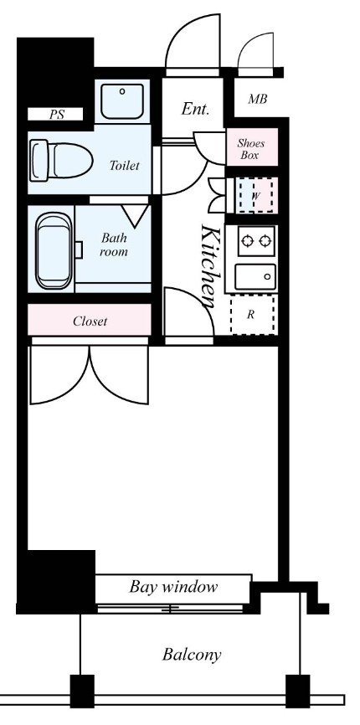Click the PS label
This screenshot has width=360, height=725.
[56, 115]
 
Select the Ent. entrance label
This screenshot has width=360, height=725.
[195, 109]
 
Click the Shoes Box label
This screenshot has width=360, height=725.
[251, 149]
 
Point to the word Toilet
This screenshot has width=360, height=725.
[125, 165]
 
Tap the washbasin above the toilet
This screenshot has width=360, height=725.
[124, 101]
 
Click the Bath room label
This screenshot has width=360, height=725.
[114, 244]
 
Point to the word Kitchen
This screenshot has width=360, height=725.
[210, 264]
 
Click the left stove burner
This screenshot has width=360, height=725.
[247, 242]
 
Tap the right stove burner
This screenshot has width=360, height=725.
[265, 242]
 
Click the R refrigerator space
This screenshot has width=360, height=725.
[252, 316]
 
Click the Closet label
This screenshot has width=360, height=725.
[90, 320]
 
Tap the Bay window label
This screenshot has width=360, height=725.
[173, 586]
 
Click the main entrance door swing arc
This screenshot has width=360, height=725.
[194, 50]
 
